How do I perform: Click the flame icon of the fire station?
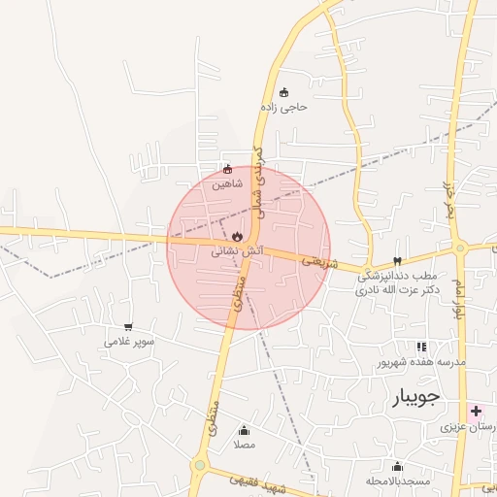click(x=238, y=236)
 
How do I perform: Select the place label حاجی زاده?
click(x=283, y=107)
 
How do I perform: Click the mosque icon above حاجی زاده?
click(x=283, y=92)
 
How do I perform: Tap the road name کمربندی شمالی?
click(x=257, y=176)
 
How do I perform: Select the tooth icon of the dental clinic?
click(x=396, y=260)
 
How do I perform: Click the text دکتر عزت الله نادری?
click(x=398, y=289)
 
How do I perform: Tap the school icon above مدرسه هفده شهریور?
click(x=421, y=347)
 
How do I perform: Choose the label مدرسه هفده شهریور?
click(x=422, y=362)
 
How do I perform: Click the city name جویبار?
click(x=416, y=396)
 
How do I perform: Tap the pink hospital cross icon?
click(x=476, y=411)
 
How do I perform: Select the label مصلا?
click(x=244, y=445)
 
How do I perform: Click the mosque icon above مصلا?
click(x=244, y=430)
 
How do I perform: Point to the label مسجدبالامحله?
click(x=397, y=481)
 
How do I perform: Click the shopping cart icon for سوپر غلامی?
click(x=129, y=327)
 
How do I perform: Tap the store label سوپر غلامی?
click(x=129, y=342)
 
